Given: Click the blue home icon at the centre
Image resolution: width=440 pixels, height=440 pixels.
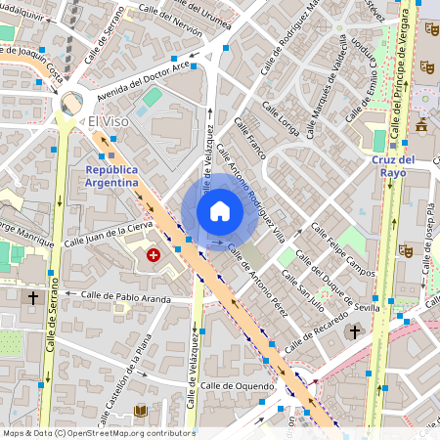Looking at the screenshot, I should [x=220, y=210].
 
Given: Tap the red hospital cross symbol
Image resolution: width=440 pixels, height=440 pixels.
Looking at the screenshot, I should [x=154, y=255].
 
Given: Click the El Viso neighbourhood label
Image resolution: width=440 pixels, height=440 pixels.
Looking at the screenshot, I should [x=109, y=122].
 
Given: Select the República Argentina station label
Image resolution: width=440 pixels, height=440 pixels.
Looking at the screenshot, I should [x=110, y=175].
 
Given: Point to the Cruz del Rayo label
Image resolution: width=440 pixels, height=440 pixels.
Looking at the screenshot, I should [x=394, y=165].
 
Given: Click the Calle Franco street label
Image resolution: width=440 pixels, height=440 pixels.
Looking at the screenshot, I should [x=249, y=140].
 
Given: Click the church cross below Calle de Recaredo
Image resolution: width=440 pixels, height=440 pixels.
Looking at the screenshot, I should [x=353, y=332].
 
